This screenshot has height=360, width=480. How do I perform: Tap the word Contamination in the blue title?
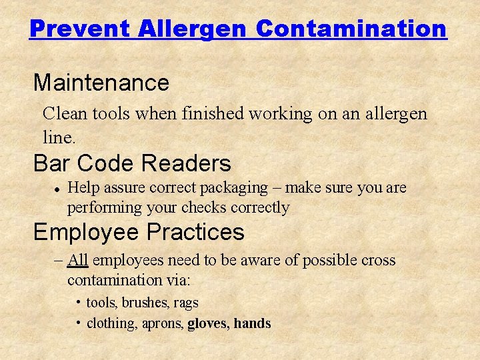[x=351, y=29]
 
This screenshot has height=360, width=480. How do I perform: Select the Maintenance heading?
[x=101, y=83]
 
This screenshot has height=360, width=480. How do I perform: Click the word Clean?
[x=65, y=113]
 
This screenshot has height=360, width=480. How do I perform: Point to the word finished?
[x=213, y=113]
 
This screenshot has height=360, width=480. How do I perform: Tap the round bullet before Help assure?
[x=57, y=189]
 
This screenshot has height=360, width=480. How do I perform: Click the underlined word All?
[x=77, y=260]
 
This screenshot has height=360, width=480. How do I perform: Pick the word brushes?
[x=145, y=303]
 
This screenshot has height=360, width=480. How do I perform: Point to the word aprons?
[x=163, y=324]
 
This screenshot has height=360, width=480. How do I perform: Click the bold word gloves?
[x=208, y=324]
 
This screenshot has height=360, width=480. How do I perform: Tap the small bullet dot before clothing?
[x=79, y=323]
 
